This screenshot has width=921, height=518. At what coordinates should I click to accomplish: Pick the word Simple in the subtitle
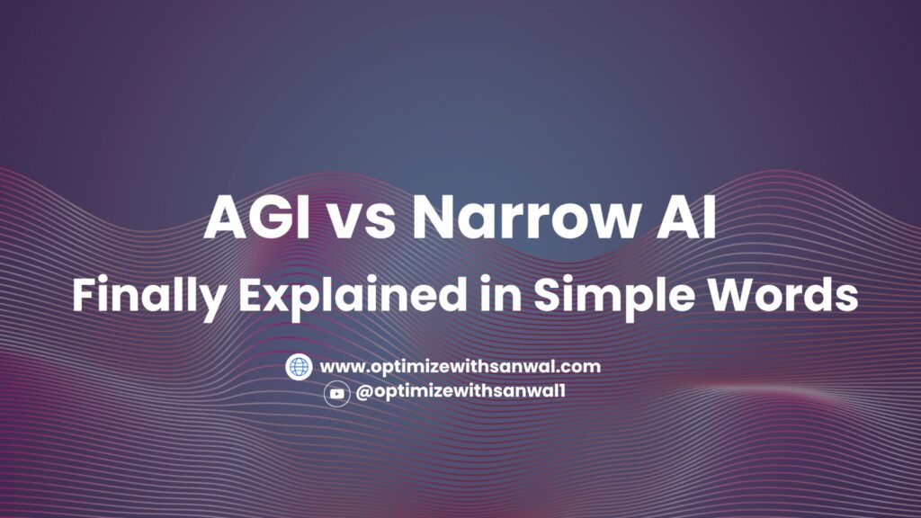click(x=585, y=296)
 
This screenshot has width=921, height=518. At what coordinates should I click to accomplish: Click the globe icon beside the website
click(x=299, y=366)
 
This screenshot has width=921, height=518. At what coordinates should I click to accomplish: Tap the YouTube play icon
click(x=337, y=393)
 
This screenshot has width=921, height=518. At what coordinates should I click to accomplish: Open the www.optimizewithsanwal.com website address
click(x=460, y=366)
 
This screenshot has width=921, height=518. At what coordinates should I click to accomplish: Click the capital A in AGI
click(x=224, y=218)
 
